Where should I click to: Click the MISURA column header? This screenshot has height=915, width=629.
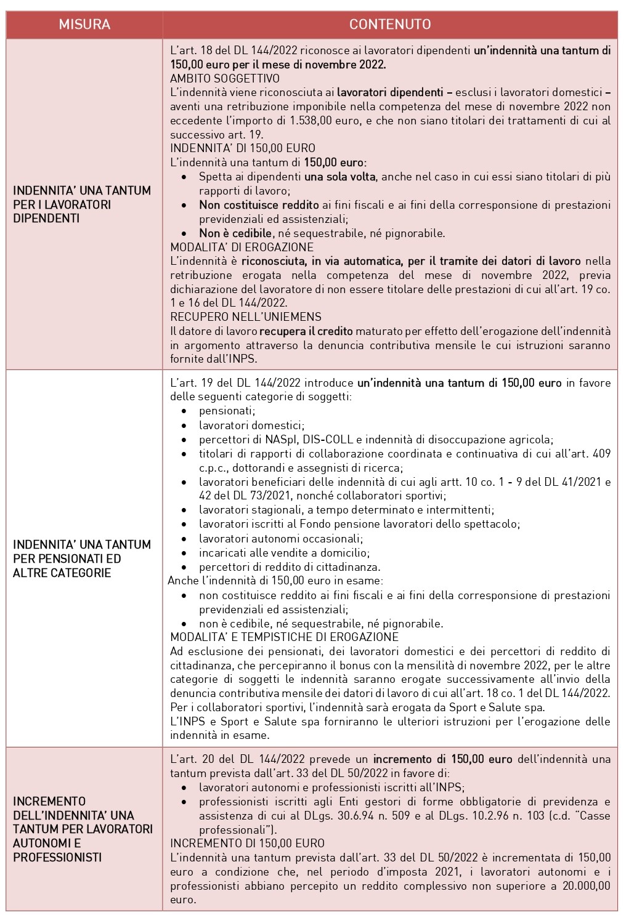84,25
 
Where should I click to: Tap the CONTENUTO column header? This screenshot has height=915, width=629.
389,25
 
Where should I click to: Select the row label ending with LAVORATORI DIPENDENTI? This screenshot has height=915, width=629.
81,204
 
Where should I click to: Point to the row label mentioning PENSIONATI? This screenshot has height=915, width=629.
81,558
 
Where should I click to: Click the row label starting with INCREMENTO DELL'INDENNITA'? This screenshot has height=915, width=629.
83,829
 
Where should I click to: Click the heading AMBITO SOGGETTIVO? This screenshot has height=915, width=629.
225,78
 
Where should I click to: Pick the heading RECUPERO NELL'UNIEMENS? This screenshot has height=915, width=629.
246,317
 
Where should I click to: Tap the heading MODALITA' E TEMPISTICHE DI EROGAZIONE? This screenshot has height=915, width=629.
284,637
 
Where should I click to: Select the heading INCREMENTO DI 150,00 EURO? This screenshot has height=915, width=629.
247,843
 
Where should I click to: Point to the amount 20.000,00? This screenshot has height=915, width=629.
583,885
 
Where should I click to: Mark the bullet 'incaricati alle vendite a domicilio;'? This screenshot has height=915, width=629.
284,552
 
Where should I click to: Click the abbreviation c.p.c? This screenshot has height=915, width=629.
213,468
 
